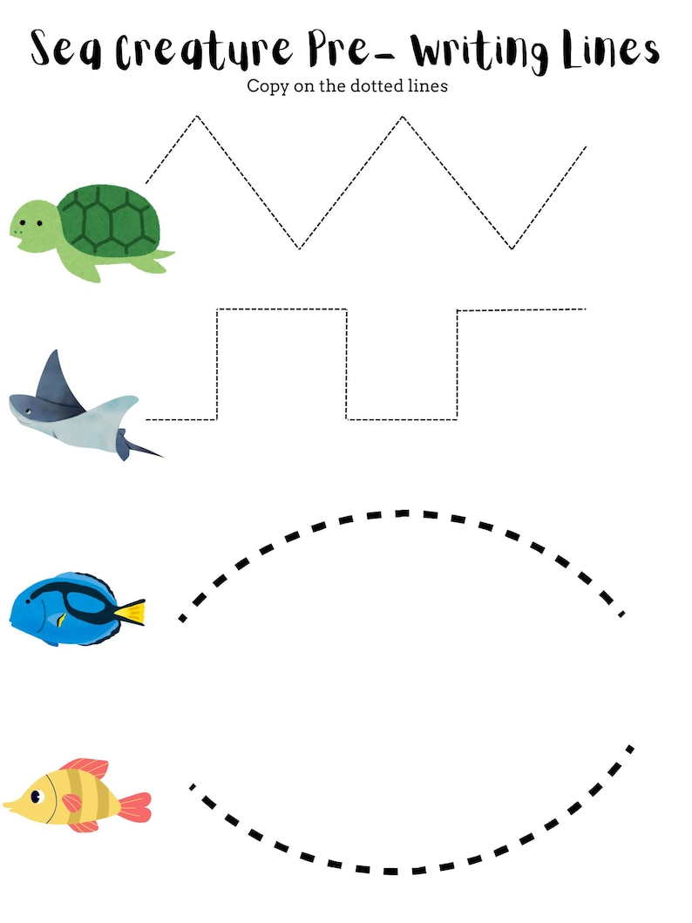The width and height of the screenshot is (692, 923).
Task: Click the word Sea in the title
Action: point(66,48)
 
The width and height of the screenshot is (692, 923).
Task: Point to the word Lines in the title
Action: point(611,48)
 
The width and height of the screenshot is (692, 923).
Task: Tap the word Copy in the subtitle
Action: point(268,87)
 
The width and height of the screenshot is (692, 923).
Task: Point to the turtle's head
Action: point(32,227)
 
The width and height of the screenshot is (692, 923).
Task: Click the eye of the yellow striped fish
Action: point(37,797)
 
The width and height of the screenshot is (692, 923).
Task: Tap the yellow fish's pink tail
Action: point(136,806)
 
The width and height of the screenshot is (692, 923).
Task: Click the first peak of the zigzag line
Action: point(197,117)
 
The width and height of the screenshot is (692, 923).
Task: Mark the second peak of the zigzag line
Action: point(403,117)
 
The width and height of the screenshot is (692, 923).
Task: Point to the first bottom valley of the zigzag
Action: point(300,248)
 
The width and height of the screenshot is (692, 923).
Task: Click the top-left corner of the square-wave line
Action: point(217,309)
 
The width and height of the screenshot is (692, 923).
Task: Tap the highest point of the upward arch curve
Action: point(403,513)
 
